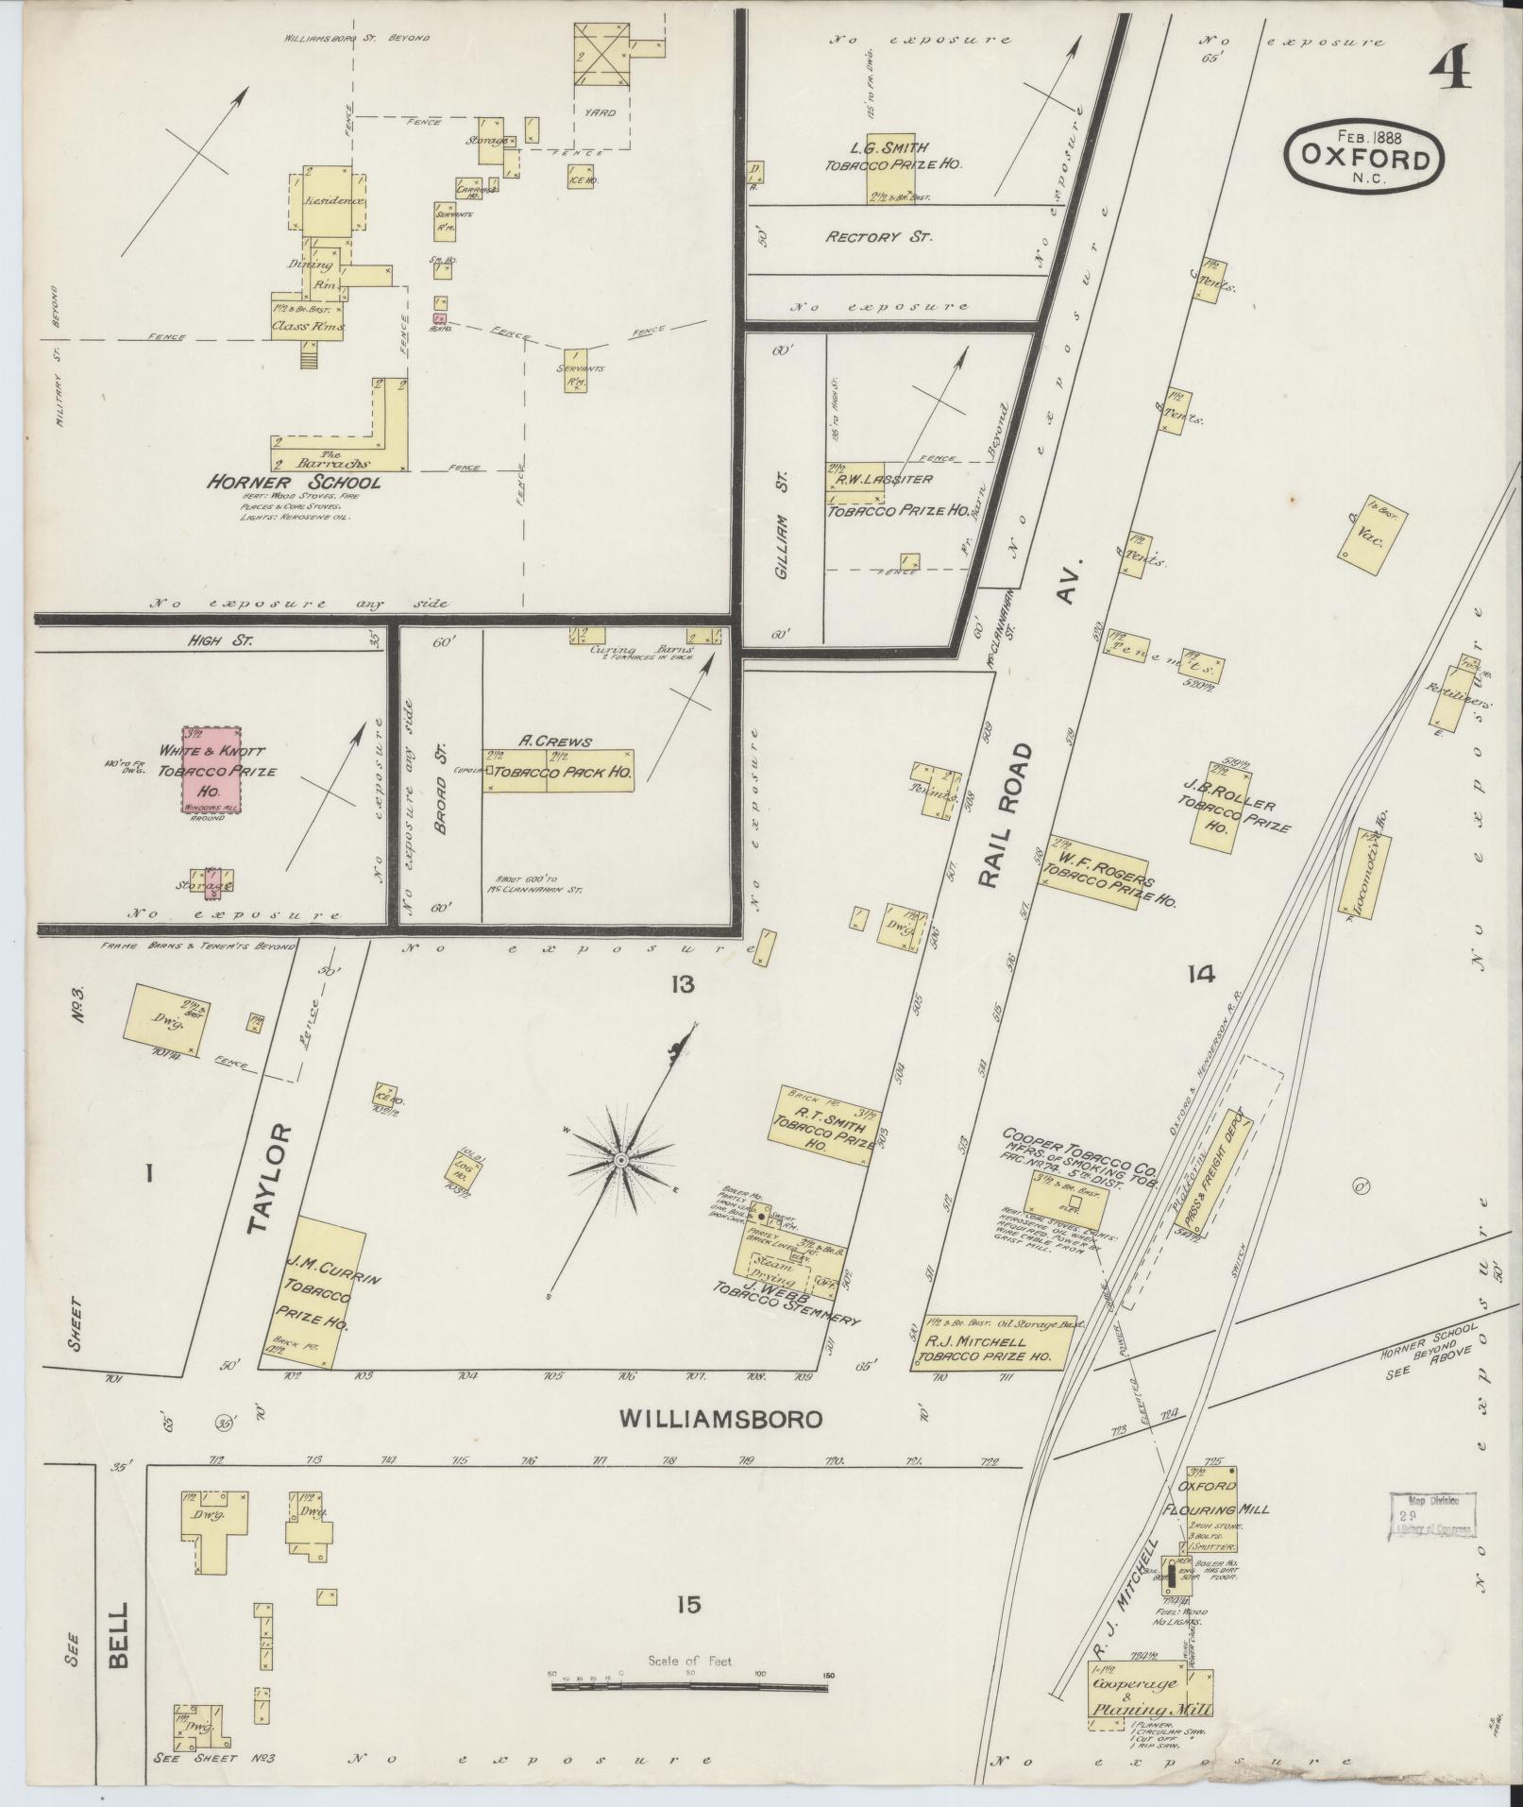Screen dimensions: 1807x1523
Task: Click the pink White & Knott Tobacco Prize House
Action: coord(211,770)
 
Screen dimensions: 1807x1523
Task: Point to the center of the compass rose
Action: coord(621,1159)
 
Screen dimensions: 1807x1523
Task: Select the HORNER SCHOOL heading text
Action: coord(295,483)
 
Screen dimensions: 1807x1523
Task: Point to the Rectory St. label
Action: coord(878,237)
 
